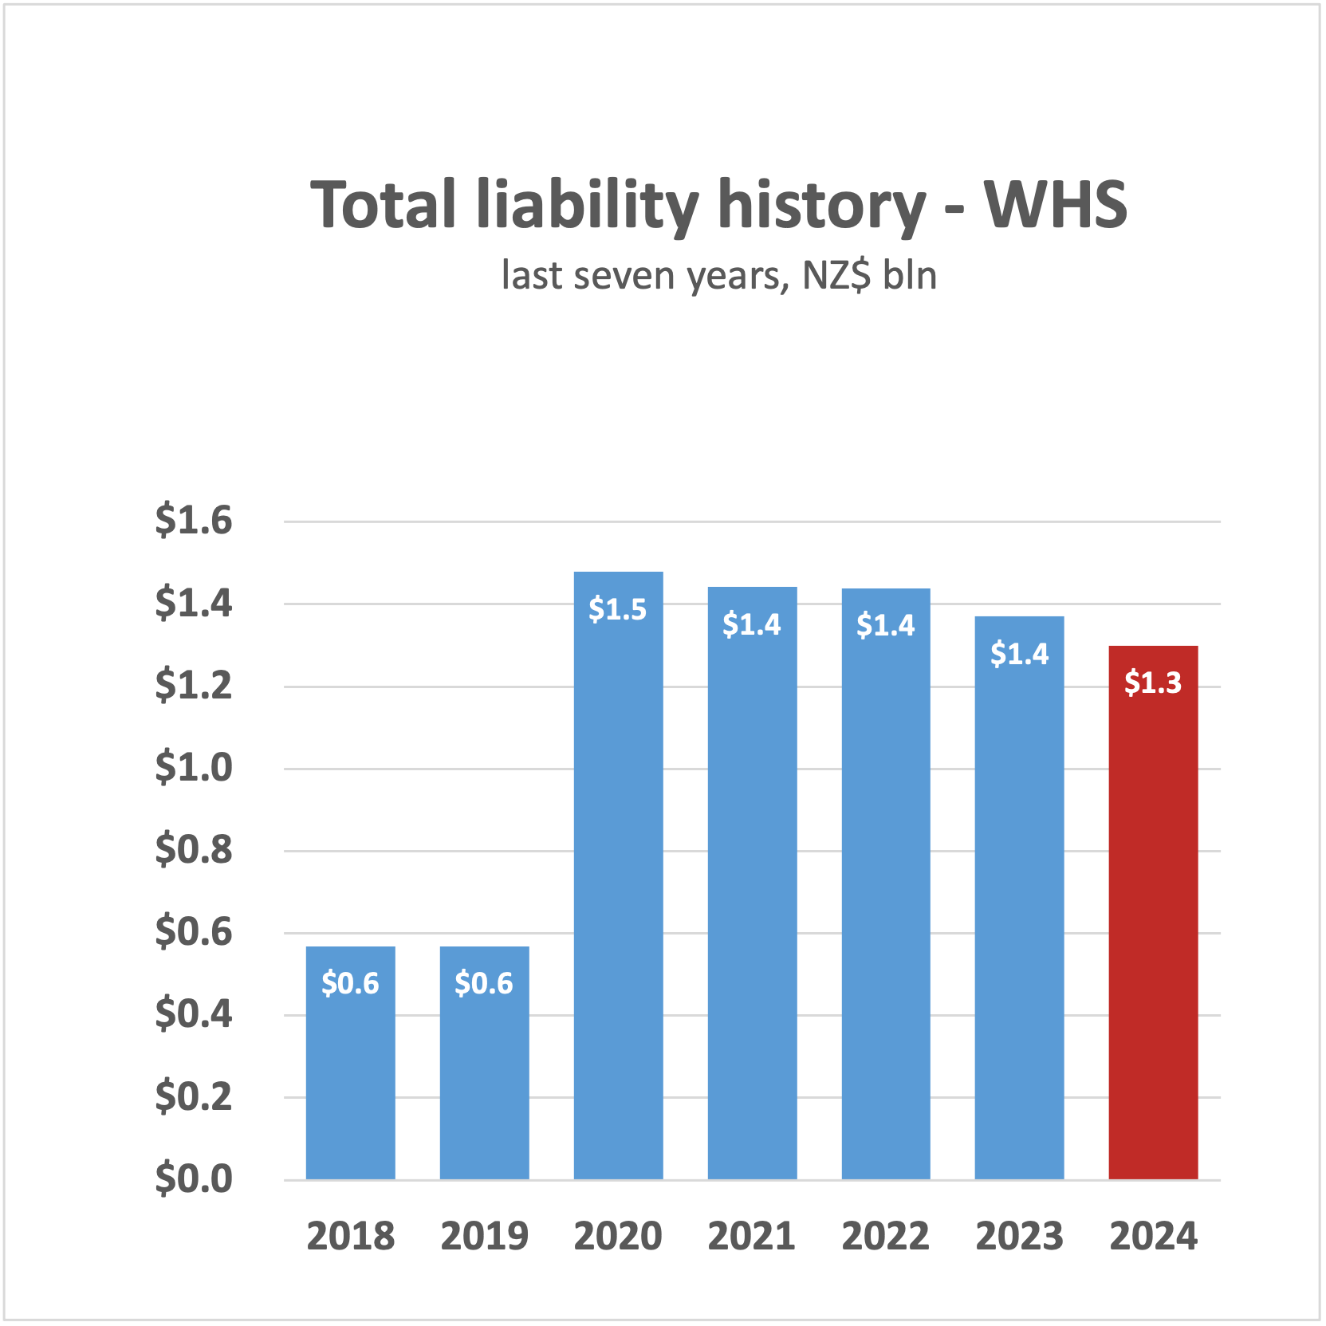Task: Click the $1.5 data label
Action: click(x=617, y=609)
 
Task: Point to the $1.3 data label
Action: click(x=1153, y=683)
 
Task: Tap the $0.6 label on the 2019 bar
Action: click(x=484, y=983)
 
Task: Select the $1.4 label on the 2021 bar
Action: click(x=751, y=624)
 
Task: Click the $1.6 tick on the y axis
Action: click(x=194, y=521)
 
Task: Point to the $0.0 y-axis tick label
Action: click(x=194, y=1178)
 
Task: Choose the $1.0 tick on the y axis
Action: click(x=194, y=768)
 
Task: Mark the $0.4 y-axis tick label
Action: click(x=194, y=1014)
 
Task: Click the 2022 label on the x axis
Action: click(x=885, y=1237)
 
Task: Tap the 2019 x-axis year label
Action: click(x=484, y=1237)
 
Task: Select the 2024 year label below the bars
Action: click(x=1153, y=1237)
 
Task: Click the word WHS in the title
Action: click(x=1055, y=205)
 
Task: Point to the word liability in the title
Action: click(x=588, y=205)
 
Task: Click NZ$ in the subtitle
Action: click(x=836, y=276)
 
